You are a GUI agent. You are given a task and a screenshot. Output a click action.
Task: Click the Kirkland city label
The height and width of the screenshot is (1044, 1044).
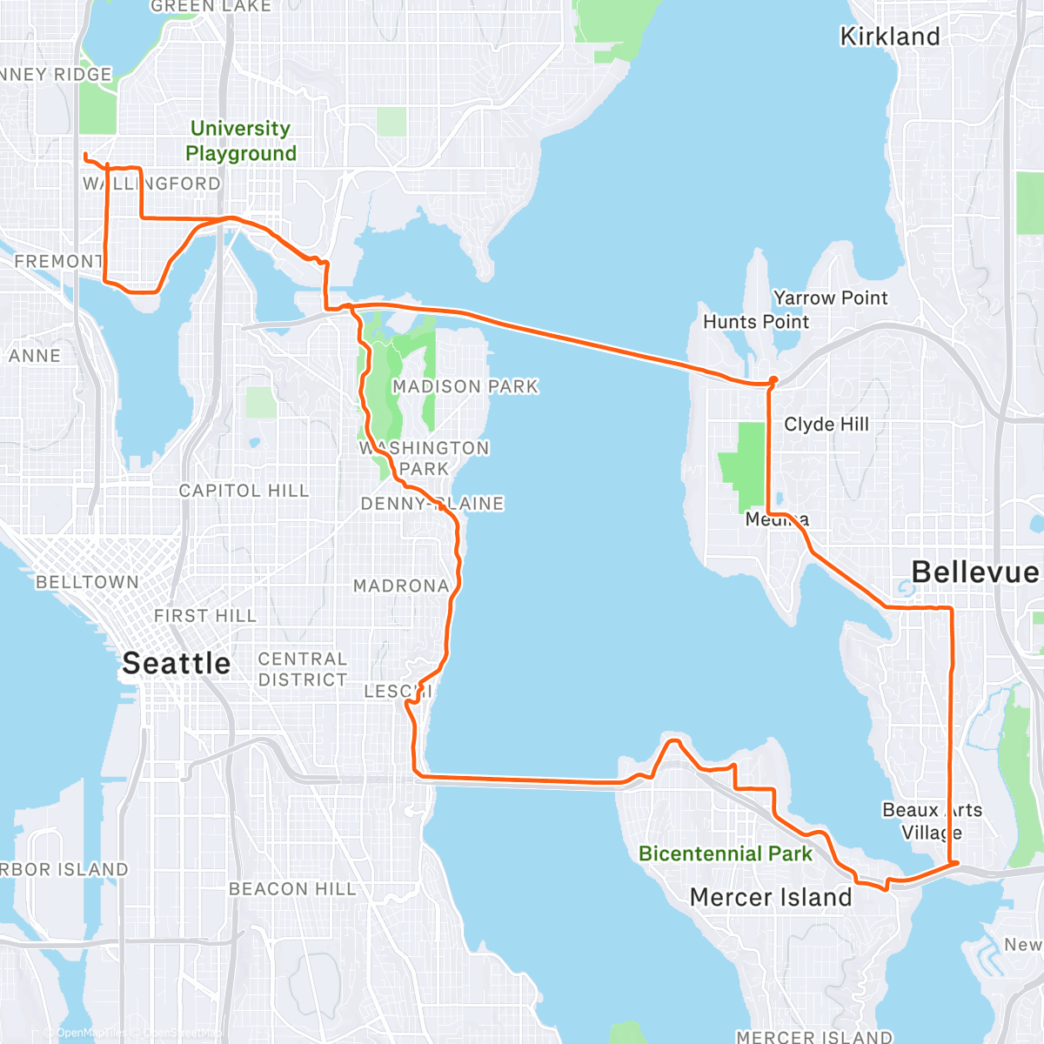(x=890, y=37)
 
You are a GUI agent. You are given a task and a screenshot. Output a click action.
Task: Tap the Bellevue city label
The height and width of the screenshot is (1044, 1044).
(x=974, y=572)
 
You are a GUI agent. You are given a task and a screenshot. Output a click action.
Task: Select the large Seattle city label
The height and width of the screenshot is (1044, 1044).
(x=177, y=663)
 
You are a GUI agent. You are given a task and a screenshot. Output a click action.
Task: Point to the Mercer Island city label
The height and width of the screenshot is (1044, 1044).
(x=771, y=897)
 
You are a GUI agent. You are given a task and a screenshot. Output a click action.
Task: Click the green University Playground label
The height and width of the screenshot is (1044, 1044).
(x=241, y=141)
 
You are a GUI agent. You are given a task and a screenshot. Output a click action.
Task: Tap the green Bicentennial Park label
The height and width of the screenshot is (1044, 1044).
(x=726, y=853)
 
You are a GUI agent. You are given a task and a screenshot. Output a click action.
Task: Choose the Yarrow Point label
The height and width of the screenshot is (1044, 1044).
(x=830, y=298)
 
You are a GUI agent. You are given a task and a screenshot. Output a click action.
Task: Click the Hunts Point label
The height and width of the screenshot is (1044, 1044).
(x=756, y=322)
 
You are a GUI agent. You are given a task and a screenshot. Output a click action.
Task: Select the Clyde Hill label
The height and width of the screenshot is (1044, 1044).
(x=826, y=425)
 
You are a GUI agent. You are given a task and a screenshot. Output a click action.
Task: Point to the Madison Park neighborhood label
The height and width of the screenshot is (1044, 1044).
(x=465, y=386)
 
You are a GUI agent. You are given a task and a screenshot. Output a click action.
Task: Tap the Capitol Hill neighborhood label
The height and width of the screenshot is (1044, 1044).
(x=244, y=491)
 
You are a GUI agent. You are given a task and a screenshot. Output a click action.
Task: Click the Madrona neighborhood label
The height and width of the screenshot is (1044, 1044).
(x=401, y=586)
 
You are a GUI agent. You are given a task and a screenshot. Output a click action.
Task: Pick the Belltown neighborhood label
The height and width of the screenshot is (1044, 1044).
(x=87, y=582)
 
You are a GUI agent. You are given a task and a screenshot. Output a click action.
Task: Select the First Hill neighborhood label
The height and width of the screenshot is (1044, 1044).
(x=205, y=616)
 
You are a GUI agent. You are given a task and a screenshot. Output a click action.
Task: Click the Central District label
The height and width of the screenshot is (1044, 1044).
(x=303, y=669)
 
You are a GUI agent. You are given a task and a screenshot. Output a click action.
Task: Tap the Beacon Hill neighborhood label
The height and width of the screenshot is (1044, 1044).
(x=292, y=889)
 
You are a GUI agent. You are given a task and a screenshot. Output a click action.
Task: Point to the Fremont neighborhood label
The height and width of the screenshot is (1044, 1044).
(x=58, y=261)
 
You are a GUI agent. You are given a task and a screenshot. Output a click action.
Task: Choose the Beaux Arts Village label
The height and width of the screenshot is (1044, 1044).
(x=932, y=821)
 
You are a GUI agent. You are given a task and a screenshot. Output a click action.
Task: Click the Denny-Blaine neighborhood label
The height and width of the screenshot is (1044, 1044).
(x=432, y=504)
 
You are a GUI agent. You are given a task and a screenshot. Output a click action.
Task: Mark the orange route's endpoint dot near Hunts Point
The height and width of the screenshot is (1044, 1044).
(x=773, y=379)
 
